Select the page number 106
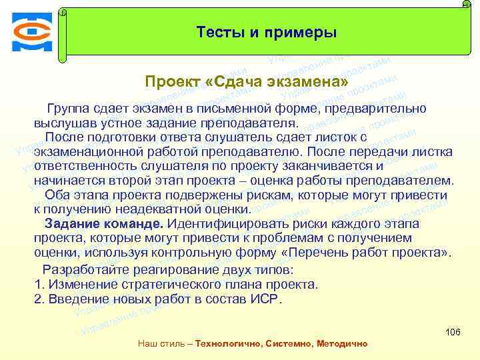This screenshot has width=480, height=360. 452,331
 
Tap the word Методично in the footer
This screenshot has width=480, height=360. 341,343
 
